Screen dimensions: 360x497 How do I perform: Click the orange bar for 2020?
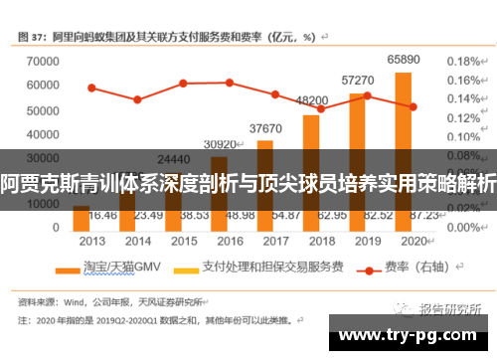pos(403,149)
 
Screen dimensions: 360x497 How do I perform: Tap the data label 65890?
pos(403,61)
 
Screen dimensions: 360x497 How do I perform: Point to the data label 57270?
pos(357,80)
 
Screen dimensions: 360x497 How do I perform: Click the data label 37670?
pos(265,128)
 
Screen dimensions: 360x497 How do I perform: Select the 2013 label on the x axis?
pos(92,240)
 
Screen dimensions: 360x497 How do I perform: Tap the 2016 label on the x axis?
pos(229,240)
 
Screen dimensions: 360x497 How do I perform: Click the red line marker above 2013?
pos(91,88)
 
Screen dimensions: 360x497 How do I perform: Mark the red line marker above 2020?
pos(413,106)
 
